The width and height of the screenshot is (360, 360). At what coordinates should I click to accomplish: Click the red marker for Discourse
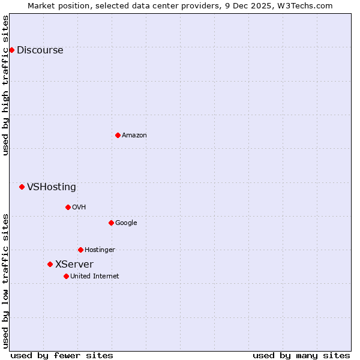click(x=11, y=50)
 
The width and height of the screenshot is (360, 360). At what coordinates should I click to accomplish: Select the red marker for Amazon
click(x=118, y=135)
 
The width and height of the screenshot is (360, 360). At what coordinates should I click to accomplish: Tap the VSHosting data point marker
click(x=22, y=187)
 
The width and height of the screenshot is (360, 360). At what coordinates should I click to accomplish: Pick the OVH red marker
click(x=68, y=207)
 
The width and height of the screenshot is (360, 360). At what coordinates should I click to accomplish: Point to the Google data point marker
click(x=111, y=223)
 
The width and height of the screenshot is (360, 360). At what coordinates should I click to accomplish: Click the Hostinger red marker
click(x=80, y=250)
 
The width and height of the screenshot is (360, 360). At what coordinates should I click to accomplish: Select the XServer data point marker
click(x=50, y=264)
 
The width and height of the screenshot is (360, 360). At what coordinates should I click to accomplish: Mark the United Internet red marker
click(x=66, y=276)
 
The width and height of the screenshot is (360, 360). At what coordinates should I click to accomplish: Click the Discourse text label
click(x=40, y=50)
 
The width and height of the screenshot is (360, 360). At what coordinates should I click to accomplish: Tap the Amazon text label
click(x=134, y=136)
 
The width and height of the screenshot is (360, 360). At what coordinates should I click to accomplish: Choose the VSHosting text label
click(x=52, y=187)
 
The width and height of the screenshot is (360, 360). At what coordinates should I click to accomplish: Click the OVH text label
click(x=79, y=208)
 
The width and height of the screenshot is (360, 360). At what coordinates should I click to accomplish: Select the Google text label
click(x=126, y=223)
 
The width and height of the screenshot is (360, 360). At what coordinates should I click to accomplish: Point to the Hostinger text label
click(x=100, y=250)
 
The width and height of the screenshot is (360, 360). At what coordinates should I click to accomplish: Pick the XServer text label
click(x=74, y=265)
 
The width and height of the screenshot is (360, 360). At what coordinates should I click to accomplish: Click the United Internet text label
click(x=95, y=277)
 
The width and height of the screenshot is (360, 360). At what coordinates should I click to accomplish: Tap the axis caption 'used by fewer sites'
click(x=62, y=355)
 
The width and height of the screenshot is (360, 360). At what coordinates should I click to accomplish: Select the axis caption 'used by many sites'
click(x=301, y=355)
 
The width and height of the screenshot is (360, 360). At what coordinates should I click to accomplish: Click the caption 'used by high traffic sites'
click(x=5, y=85)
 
